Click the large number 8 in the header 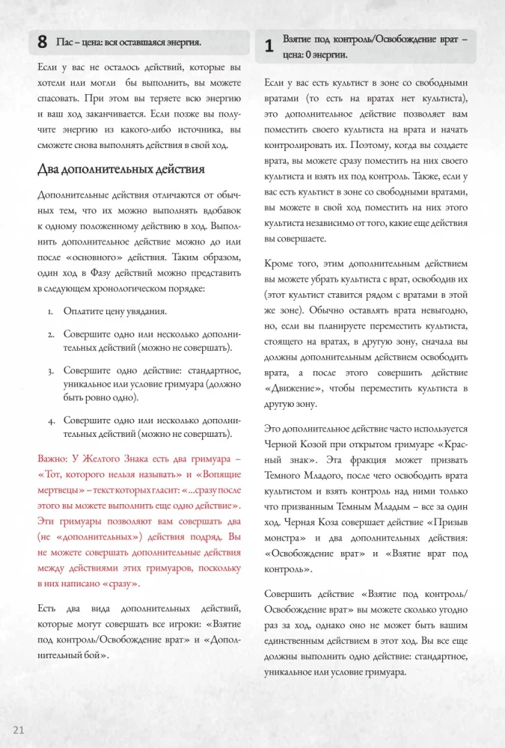[x=43, y=43]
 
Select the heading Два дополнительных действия [x=120, y=169]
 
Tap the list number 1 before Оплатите [x=49, y=311]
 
